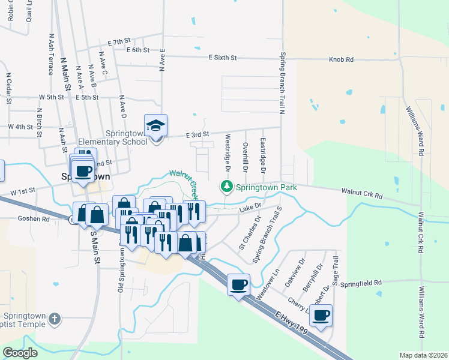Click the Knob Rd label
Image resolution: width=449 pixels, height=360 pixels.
point(341,59)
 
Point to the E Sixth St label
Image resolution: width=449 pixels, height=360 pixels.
point(223,58)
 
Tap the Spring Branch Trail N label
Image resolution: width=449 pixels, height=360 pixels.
point(282,82)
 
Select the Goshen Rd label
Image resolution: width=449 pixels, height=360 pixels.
point(34,220)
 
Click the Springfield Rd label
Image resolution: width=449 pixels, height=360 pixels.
point(363,283)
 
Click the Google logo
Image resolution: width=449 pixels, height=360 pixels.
point(20,353)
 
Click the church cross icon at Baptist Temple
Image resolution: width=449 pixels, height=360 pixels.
point(54,319)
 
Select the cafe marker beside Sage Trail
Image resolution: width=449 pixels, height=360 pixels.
point(321,314)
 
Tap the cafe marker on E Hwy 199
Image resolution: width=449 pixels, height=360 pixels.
point(238,283)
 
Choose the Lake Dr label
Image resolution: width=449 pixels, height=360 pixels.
point(251,208)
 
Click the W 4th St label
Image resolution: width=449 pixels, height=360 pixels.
point(20,127)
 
